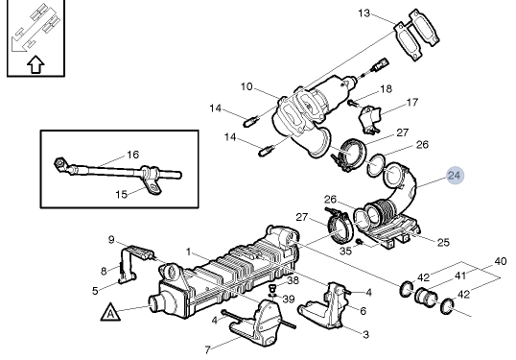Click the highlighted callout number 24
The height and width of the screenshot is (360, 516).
[x=454, y=176]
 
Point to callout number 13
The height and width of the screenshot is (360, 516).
[x=364, y=13]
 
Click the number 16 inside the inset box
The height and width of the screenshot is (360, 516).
[x=133, y=154]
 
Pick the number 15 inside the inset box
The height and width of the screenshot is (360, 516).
[x=122, y=194]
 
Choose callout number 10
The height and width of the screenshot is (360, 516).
[x=246, y=87]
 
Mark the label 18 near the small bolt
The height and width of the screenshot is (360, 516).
[x=386, y=88]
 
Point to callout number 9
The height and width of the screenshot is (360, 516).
[x=111, y=239]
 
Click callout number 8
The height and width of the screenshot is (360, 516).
[x=105, y=272]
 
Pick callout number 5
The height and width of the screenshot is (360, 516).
[x=95, y=290]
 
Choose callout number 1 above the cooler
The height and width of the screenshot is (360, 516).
[x=190, y=252]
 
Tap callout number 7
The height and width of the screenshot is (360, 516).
[x=208, y=349]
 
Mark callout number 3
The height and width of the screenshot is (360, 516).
[x=365, y=333]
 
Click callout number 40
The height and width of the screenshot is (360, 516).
[x=500, y=260]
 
